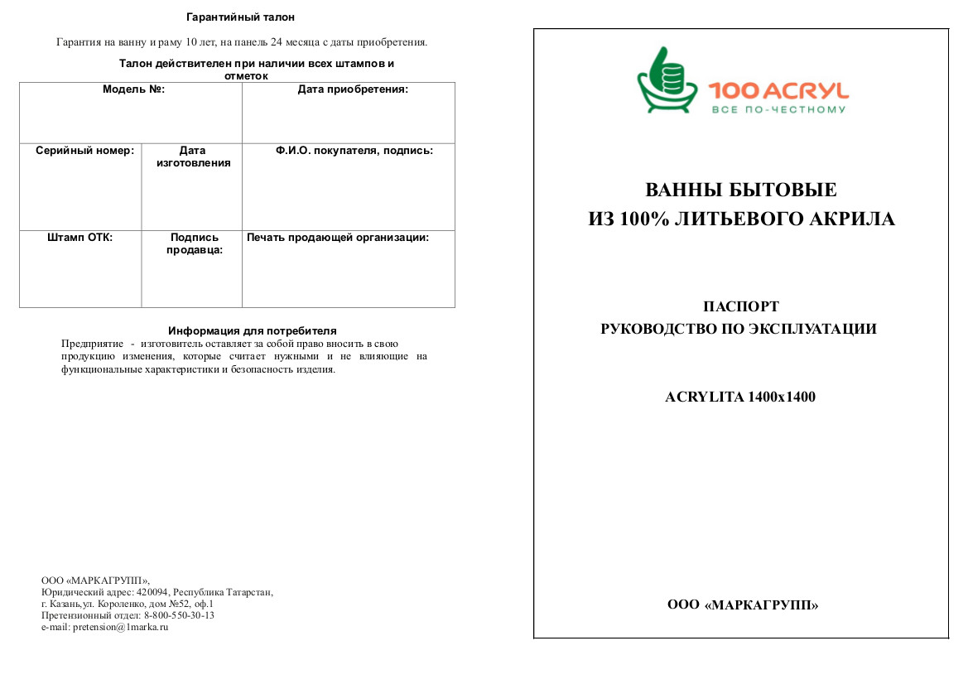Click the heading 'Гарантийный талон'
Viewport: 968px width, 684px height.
pyautogui.click(x=240, y=17)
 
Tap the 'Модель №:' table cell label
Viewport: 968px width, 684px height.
pyautogui.click(x=133, y=89)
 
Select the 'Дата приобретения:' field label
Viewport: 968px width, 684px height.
pyautogui.click(x=353, y=89)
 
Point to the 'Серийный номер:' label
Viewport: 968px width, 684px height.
pyautogui.click(x=84, y=151)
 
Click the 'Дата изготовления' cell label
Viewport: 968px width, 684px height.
pyautogui.click(x=193, y=157)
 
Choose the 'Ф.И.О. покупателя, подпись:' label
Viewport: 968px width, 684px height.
pyautogui.click(x=354, y=151)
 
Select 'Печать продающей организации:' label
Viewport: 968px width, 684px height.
pyautogui.click(x=338, y=238)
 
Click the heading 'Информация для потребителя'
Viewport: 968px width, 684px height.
pyautogui.click(x=252, y=330)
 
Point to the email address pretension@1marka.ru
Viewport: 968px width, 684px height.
pyautogui.click(x=121, y=627)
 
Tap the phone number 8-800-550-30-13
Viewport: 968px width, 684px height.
pyautogui.click(x=179, y=615)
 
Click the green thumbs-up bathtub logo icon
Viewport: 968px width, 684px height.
pyautogui.click(x=667, y=82)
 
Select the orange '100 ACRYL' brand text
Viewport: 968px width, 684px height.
pyautogui.click(x=778, y=91)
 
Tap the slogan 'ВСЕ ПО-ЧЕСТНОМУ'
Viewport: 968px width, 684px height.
pyautogui.click(x=778, y=109)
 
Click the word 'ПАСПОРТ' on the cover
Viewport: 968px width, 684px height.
pyautogui.click(x=740, y=306)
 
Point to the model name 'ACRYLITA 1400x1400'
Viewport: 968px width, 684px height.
pyautogui.click(x=740, y=397)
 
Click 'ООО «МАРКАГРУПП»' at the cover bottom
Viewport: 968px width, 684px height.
pyautogui.click(x=743, y=605)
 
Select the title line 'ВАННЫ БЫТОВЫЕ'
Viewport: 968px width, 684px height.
pyautogui.click(x=741, y=190)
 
